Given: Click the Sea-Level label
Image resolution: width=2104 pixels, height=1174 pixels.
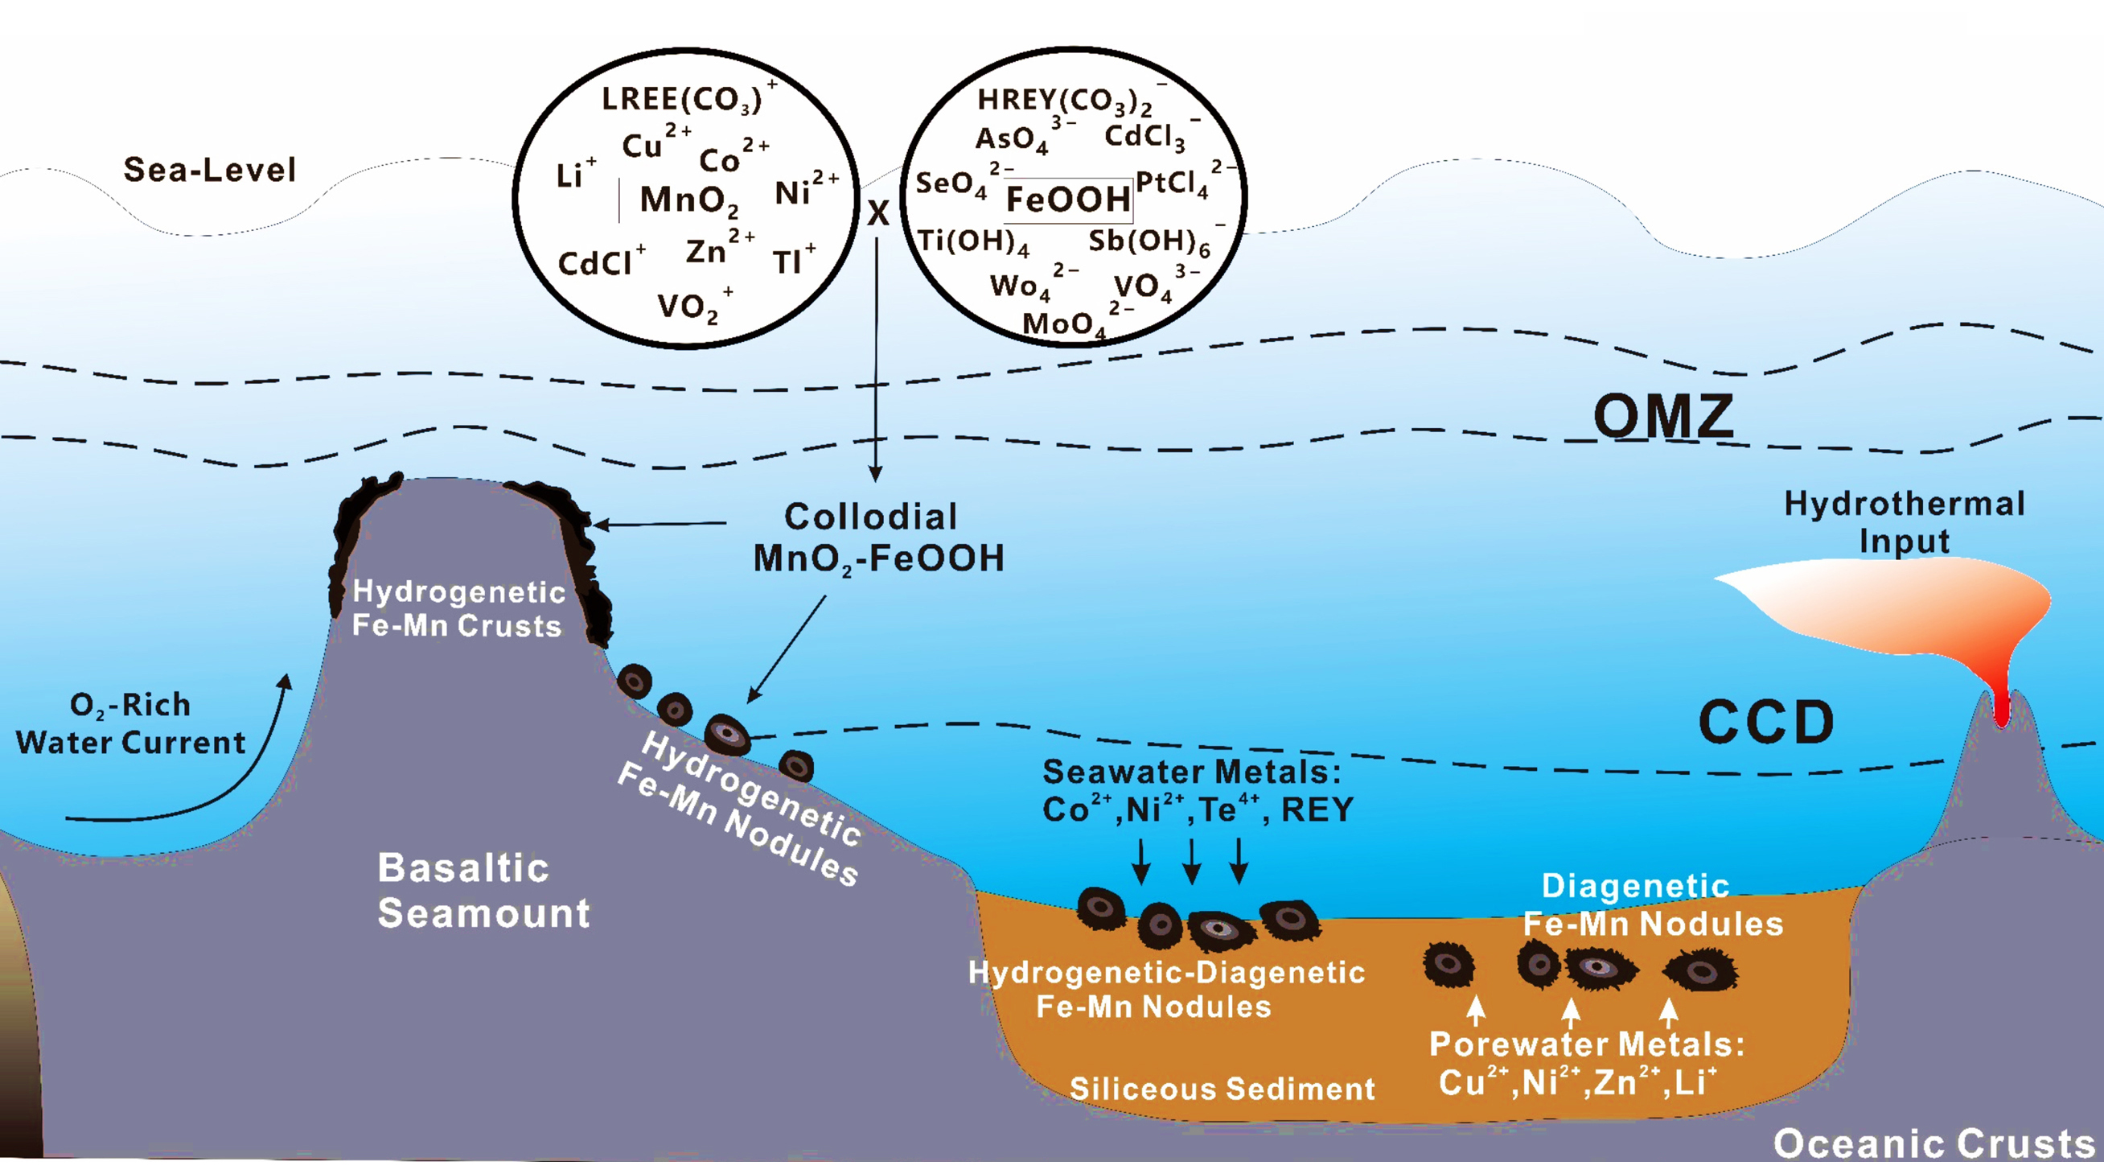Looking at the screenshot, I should point(209,170).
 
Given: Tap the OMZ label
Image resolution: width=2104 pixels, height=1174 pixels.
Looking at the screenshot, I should point(1663,417).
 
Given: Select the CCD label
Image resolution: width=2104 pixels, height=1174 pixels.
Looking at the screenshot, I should point(1766,723).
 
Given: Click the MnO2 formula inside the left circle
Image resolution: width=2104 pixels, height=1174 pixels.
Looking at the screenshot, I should point(688,200).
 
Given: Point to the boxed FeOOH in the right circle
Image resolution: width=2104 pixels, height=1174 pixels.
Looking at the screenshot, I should point(1068,200).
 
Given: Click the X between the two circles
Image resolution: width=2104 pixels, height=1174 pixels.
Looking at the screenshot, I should point(878,214).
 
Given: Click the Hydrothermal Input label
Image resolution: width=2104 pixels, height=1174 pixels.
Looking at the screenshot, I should point(1904,522).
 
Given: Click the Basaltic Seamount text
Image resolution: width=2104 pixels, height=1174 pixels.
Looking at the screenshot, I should point(483,891).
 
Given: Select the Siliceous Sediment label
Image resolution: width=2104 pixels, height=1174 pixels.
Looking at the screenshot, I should point(1222,1089).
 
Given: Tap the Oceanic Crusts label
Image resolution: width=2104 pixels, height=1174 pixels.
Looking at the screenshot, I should point(1933,1143).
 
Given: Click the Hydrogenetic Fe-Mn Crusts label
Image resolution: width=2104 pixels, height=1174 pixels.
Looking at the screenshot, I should point(458,608).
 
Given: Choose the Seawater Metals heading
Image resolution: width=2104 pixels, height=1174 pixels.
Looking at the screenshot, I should point(1192,772).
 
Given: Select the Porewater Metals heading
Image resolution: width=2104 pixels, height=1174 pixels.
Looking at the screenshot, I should point(1586,1044).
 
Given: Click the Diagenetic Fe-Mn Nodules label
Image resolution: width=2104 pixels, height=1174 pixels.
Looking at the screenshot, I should point(1651,905).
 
